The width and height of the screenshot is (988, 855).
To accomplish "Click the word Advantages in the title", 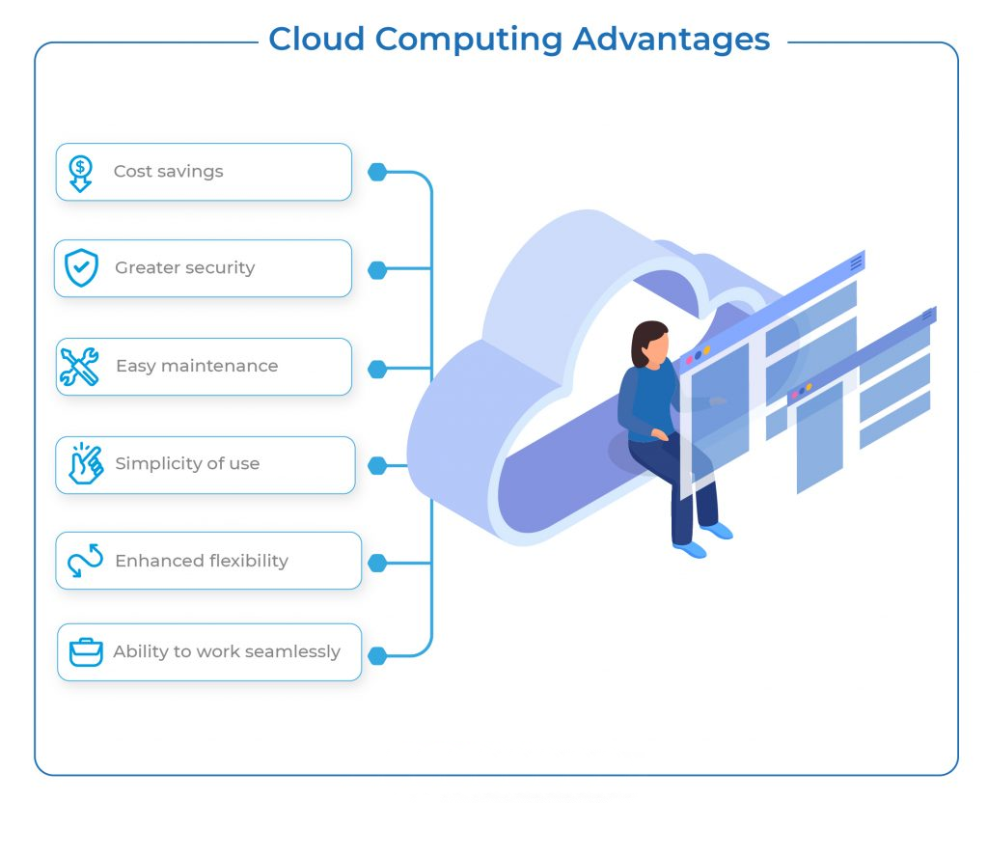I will pos(672,40).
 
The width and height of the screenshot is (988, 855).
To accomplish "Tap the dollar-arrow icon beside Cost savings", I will pos(81,174).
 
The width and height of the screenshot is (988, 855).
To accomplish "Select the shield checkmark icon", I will pos(81,268).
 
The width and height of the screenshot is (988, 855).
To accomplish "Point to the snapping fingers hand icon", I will pos(85,463).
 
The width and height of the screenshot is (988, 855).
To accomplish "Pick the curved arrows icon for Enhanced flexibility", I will pos(85,561).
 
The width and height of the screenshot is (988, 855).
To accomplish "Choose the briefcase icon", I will pos(86,652).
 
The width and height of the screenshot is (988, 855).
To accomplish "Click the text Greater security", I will pos(184,268).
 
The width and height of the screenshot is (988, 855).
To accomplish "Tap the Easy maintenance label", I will pos(197,367).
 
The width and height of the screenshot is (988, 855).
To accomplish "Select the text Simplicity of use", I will pos(187,464).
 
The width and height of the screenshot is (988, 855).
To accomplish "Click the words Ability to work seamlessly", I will pos(227,652).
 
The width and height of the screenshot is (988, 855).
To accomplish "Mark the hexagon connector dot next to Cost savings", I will pos(377,173).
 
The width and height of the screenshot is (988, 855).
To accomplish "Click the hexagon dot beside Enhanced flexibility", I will pos(377,563).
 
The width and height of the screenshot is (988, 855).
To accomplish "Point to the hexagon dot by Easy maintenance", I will pos(377,369).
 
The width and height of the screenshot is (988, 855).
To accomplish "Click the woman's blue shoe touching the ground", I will pos(690,549).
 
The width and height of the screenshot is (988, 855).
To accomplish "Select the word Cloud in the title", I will pos(316,40).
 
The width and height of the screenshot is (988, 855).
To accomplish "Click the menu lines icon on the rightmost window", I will pos(928,315).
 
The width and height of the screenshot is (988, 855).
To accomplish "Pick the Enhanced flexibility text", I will pos(202,561).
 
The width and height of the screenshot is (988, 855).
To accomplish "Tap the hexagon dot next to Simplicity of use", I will pos(377,465).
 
